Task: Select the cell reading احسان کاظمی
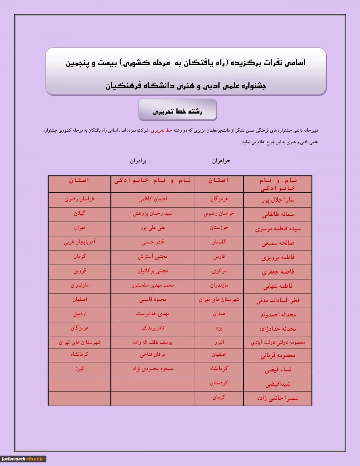152,199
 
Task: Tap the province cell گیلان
80,213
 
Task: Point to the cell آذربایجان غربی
80,242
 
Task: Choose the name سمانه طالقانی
278,214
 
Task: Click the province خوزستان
219,228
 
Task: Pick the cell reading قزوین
80,271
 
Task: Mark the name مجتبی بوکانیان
152,271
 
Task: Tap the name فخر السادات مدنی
278,300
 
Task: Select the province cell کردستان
219,383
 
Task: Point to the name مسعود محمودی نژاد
152,368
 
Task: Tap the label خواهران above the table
221,161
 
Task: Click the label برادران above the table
138,161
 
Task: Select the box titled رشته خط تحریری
178,110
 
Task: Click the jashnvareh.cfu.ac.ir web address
24,459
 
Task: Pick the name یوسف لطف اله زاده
152,342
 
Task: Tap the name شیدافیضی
278,384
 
